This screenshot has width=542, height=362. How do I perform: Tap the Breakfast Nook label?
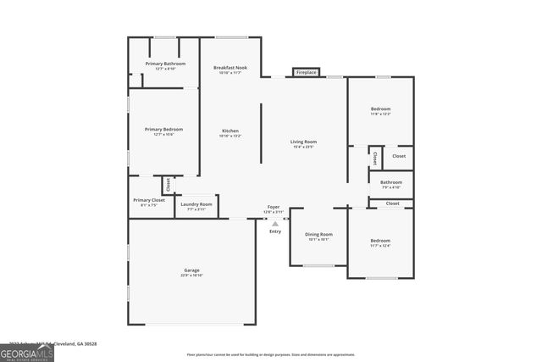[230, 70]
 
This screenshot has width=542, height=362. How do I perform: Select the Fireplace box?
[306, 73]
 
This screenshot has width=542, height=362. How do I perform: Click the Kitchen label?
[230, 132]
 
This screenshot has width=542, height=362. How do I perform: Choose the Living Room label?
[302, 144]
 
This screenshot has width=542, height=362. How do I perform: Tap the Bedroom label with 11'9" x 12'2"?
[380, 111]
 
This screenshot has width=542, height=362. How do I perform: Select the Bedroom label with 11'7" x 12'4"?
[380, 243]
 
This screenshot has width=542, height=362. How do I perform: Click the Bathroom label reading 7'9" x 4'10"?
[390, 184]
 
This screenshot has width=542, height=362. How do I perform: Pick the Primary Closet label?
[147, 202]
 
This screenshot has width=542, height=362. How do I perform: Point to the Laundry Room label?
[196, 206]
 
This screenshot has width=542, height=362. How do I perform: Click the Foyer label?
[274, 209]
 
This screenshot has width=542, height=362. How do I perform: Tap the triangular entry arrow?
[274, 224]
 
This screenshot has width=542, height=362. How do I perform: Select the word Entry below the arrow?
[274, 231]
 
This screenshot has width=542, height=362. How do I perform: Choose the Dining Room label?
[318, 237]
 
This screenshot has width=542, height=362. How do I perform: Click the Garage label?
[192, 273]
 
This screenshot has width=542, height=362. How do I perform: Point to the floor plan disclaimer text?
[271, 354]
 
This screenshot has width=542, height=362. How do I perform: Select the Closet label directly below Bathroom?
[393, 203]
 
